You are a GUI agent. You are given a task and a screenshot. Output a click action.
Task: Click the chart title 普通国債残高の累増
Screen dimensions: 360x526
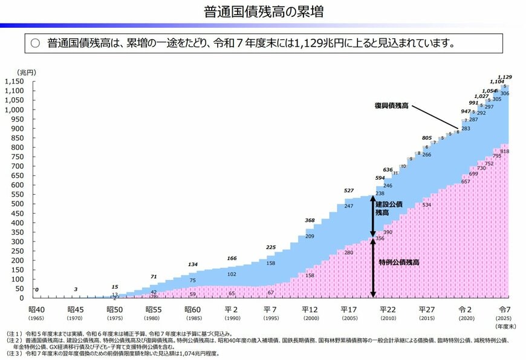click(x=262, y=11)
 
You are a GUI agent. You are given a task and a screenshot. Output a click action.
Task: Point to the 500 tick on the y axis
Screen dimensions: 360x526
click(x=18, y=204)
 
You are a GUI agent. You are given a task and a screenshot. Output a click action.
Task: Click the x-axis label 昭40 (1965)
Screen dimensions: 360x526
click(x=36, y=312)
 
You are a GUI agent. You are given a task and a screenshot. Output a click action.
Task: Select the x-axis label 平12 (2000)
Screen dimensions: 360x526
click(x=310, y=312)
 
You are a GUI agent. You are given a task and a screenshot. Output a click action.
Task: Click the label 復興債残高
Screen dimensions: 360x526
click(x=392, y=106)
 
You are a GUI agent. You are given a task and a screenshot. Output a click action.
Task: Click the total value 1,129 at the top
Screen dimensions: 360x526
click(x=504, y=77)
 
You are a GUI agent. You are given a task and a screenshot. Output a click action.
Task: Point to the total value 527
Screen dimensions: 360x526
click(x=349, y=191)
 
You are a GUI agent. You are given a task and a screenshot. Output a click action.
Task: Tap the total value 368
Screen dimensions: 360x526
click(x=310, y=220)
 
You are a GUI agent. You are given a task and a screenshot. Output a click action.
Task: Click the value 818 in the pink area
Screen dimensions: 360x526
click(x=504, y=151)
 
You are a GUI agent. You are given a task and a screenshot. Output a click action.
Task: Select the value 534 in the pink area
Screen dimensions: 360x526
click(x=426, y=205)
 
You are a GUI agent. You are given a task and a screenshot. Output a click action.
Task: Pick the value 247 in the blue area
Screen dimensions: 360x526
click(x=349, y=206)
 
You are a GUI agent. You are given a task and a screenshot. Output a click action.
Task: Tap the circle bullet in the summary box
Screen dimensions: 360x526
click(x=35, y=44)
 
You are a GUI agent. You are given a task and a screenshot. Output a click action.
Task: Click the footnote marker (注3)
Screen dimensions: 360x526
click(x=15, y=353)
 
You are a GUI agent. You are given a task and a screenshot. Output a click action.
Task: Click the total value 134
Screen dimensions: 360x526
click(x=193, y=264)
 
